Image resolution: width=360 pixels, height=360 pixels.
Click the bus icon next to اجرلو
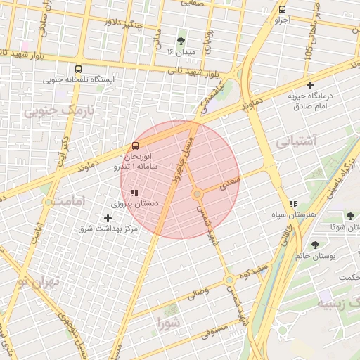point(282,10)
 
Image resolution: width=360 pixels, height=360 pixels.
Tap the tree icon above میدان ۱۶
point(182,40)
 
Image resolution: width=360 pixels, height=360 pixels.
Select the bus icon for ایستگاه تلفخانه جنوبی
point(77,70)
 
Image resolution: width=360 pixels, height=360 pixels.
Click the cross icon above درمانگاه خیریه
point(310,85)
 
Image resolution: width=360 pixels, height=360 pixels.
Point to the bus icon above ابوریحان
point(134,146)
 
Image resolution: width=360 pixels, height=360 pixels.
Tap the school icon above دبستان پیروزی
point(134,192)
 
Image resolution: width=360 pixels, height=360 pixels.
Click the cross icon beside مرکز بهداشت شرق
point(108,218)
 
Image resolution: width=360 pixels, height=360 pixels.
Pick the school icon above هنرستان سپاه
point(292,204)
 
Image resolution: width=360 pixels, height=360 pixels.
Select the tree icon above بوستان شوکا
point(350,216)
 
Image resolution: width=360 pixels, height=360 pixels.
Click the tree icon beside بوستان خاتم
point(315,245)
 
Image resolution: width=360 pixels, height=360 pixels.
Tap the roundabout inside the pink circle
point(198,193)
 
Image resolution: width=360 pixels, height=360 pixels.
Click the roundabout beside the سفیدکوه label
point(229,280)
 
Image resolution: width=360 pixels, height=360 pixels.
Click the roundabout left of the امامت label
point(48,202)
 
